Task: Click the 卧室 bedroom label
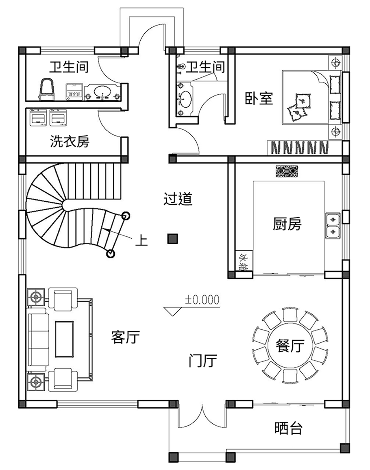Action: pyautogui.click(x=259, y=98)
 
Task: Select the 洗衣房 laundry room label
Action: pyautogui.click(x=70, y=141)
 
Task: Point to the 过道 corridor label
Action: pyautogui.click(x=178, y=199)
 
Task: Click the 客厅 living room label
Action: pyautogui.click(x=125, y=337)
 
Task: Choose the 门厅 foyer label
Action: pyautogui.click(x=202, y=360)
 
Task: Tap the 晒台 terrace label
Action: pyautogui.click(x=289, y=428)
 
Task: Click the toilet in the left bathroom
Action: pyautogui.click(x=47, y=89)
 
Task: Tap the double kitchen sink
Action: pyautogui.click(x=333, y=226)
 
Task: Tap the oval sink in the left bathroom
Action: pyautogui.click(x=102, y=92)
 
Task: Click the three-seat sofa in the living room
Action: pyautogui.click(x=38, y=339)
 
